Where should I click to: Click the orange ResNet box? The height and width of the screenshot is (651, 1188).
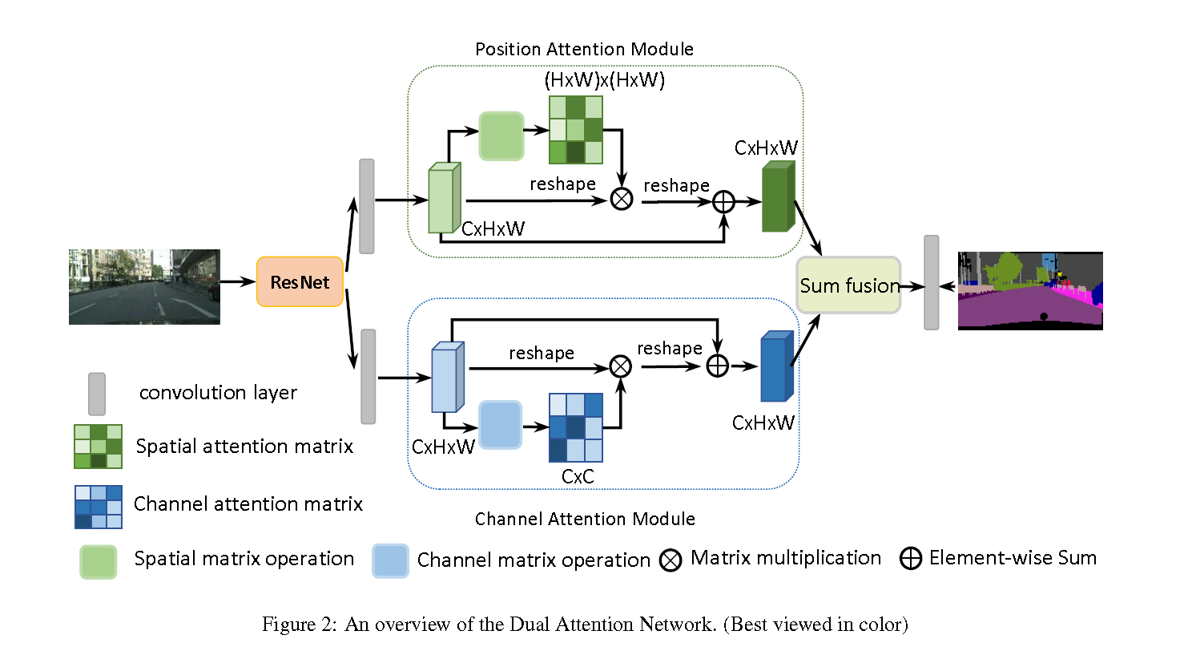click(300, 282)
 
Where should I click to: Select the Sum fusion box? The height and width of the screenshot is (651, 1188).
click(848, 285)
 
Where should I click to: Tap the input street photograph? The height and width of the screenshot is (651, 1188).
click(144, 287)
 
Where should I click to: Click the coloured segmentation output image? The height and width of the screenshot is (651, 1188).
click(1030, 291)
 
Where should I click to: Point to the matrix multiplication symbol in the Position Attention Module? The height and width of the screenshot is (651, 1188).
click(622, 199)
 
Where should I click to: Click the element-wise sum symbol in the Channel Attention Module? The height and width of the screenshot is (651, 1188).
click(717, 366)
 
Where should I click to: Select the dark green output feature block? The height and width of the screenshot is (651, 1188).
click(779, 196)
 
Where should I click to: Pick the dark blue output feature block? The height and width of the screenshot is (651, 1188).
click(777, 366)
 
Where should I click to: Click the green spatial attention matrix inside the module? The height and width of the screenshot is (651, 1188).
click(575, 130)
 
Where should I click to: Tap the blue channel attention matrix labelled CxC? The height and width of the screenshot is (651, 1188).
click(575, 427)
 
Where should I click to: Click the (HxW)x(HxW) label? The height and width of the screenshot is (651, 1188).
click(604, 80)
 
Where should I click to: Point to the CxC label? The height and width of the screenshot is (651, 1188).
click(578, 476)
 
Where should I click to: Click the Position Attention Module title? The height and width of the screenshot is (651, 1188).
click(584, 49)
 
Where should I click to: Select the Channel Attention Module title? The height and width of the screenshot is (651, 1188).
click(585, 519)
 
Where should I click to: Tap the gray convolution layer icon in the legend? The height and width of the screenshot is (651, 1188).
click(96, 394)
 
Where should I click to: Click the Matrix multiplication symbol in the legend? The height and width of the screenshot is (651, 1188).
click(671, 560)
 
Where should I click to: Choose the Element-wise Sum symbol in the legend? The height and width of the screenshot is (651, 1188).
click(911, 559)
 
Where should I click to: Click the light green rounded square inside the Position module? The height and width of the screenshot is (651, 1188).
click(501, 136)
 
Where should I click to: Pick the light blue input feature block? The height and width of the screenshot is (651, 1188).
click(448, 377)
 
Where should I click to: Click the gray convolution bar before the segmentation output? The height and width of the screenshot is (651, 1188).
click(932, 282)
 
